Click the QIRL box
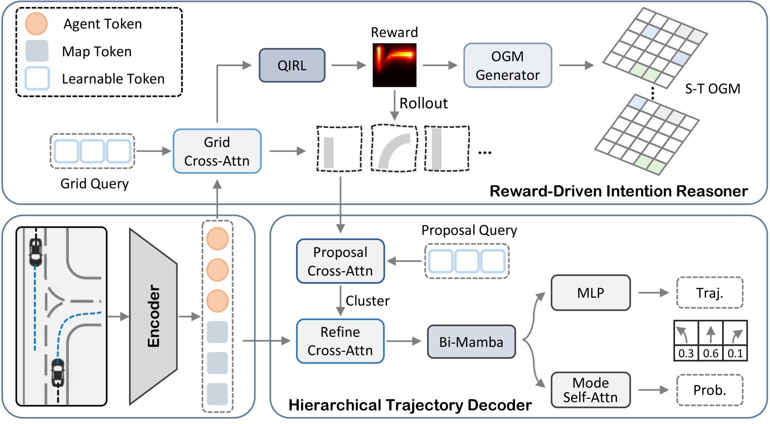coord(292,65)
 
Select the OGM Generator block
coord(507,65)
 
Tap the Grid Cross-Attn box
coord(217,151)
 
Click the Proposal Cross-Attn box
coord(340,261)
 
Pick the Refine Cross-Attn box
coord(340,341)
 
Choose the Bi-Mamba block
coord(471,342)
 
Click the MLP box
coord(590,293)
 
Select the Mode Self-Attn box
coord(590,390)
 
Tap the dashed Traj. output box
coord(709,293)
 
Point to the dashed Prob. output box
coord(709,390)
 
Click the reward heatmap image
coord(394,65)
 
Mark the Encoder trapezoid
coord(153,316)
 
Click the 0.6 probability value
coord(711,353)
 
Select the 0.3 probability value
coord(686,353)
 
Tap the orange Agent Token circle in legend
coord(36,24)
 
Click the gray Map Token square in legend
coord(37,51)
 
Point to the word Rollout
coord(424,103)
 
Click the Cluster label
coord(367,301)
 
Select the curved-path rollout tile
coord(394,148)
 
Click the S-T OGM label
coord(713,89)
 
